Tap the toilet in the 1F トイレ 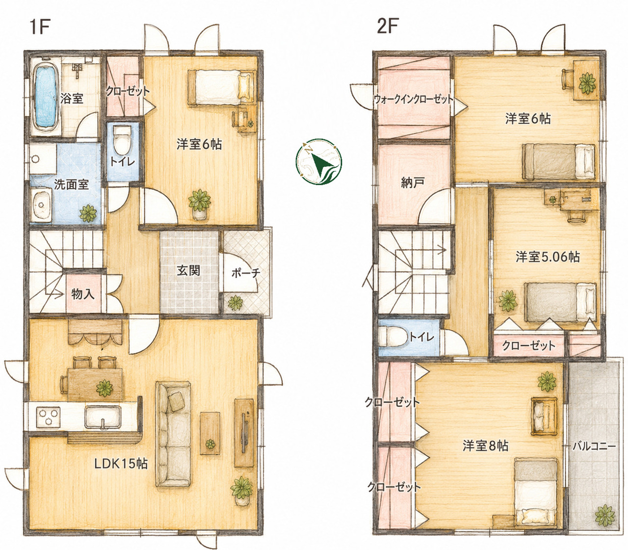(121, 141)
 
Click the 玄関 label (188, 271)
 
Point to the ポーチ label (246, 273)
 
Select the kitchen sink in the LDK (103, 418)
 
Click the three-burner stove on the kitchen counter (48, 417)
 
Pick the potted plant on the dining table (105, 388)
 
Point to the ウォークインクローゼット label (414, 99)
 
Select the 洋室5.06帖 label (548, 257)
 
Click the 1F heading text (40, 28)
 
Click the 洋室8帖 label (485, 445)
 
